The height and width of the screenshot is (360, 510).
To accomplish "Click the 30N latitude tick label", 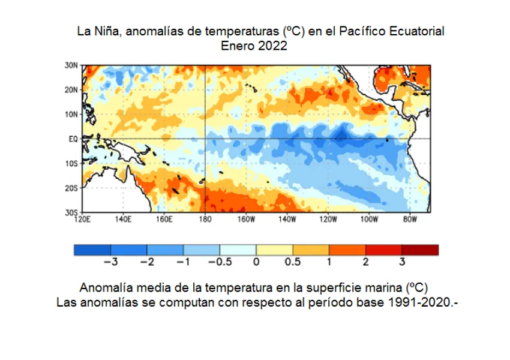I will tap(71, 65).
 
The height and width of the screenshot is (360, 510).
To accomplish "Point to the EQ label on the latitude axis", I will tap(73, 139).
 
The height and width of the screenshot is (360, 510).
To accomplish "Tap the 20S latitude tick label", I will tap(71, 188).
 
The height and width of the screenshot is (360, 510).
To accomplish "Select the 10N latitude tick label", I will tap(71, 114).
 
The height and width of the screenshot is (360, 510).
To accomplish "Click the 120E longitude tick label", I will tap(82, 219).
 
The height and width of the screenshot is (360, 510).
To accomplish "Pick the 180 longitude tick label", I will tap(205, 219).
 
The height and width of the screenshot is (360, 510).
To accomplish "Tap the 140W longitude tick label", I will tap(287, 219).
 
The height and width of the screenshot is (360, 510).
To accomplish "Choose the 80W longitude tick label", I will tap(410, 219).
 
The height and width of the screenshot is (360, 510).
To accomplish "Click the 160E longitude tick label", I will tap(164, 219).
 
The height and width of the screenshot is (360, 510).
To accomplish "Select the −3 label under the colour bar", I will tap(110, 262).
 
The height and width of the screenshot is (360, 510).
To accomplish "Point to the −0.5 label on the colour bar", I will tap(219, 262).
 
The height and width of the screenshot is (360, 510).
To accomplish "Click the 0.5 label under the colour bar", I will tap(293, 262).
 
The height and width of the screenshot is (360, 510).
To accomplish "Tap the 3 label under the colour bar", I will tap(402, 262).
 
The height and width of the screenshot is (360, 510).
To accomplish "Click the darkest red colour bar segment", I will tap(420, 250).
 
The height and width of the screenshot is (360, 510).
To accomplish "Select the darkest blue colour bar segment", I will tap(92, 250).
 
